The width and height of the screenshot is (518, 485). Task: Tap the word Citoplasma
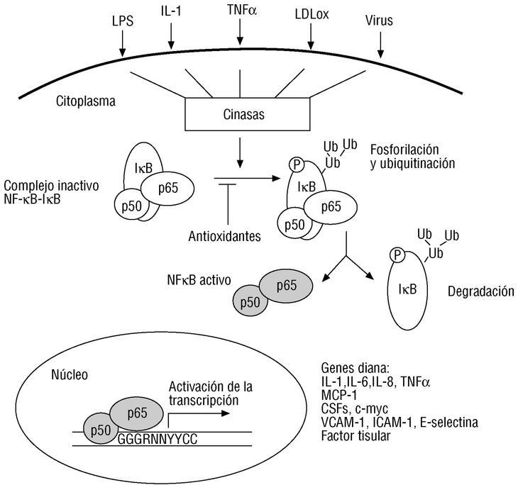click(x=85, y=101)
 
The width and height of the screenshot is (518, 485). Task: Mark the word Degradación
click(x=480, y=291)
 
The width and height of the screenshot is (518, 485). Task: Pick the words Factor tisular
click(x=356, y=435)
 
